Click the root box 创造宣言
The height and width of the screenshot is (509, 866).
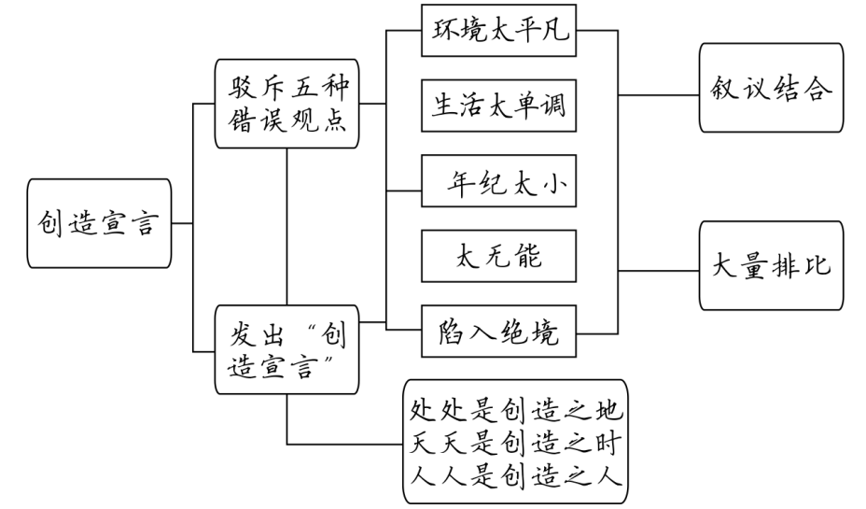coord(99,224)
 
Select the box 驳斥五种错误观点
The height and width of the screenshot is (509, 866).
coord(286,104)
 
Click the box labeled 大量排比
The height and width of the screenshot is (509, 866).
coord(770,265)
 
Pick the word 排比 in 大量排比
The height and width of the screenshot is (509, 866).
coord(795,265)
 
